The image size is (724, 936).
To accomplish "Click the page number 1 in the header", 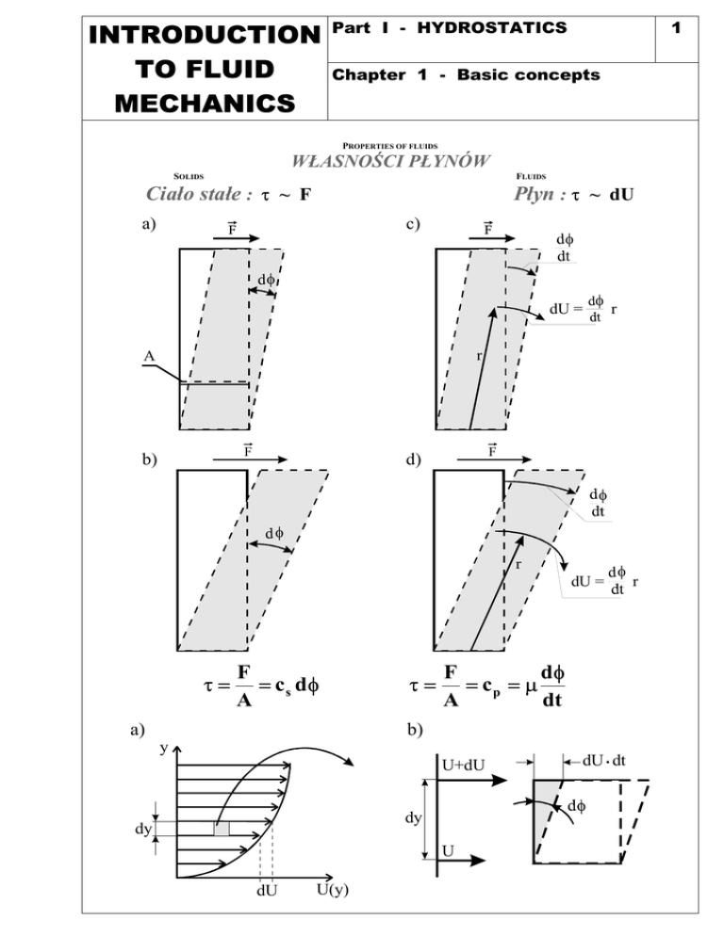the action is [x=676, y=27].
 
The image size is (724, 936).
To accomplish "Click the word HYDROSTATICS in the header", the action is [x=492, y=27].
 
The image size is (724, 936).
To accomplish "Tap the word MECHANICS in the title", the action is [x=206, y=104].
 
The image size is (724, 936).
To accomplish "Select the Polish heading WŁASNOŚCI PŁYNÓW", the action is [x=390, y=161].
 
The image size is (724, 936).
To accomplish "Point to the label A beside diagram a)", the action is [x=149, y=356].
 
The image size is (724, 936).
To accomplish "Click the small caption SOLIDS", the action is [x=189, y=176].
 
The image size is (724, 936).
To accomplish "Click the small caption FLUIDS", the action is [x=531, y=176].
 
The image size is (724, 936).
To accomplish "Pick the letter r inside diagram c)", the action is [x=479, y=356].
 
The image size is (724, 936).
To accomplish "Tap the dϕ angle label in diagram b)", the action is [x=274, y=532].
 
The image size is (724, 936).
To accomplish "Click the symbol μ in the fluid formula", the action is [x=531, y=687].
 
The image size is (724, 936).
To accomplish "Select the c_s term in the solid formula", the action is [x=283, y=686].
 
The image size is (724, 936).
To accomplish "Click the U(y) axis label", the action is [x=333, y=890].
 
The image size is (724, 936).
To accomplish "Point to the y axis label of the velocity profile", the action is [x=164, y=748].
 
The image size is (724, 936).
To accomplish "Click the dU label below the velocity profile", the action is [x=267, y=890].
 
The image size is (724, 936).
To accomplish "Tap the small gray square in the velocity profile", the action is [x=222, y=829].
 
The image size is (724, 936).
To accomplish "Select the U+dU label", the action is [x=463, y=765].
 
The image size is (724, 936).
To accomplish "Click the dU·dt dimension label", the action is [x=604, y=761].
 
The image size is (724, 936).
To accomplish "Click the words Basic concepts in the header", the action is [x=529, y=74].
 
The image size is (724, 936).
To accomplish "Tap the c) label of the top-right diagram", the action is [x=413, y=224].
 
